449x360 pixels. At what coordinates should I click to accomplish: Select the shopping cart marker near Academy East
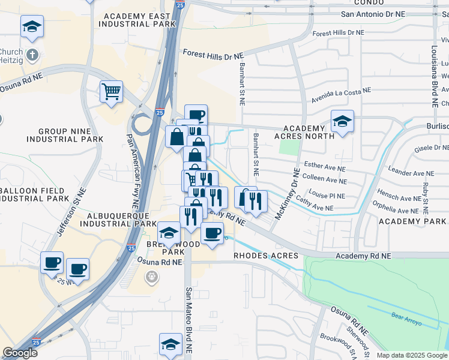coord(111,92)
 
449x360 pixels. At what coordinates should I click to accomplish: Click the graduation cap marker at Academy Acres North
coord(342,121)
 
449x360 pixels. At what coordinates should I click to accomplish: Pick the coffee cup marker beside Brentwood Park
coord(211,233)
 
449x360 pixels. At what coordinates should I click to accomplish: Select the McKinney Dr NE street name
coord(288,195)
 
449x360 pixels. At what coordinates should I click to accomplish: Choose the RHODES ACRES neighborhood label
coord(266,256)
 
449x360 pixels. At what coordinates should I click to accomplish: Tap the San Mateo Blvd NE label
coord(188,318)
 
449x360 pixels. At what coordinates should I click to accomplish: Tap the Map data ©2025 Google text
coord(411,355)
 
